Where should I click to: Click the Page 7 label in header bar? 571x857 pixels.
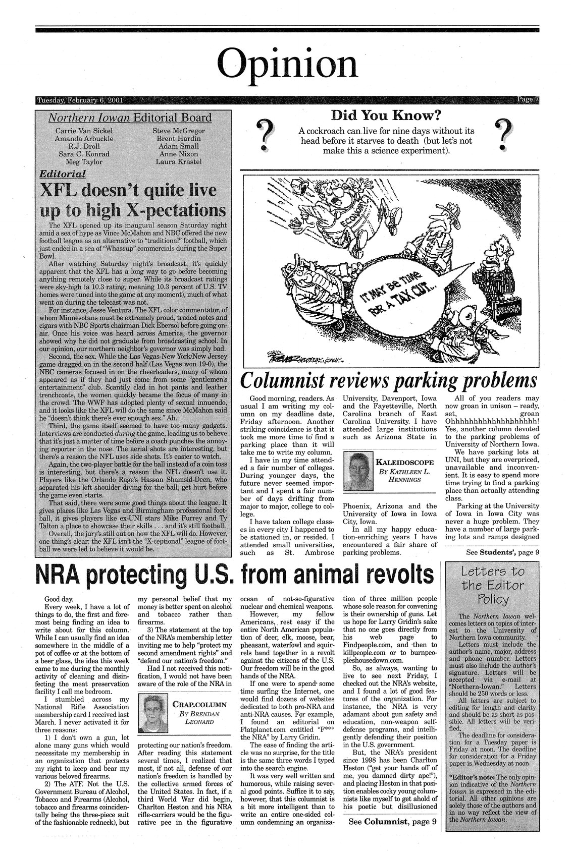point(528,99)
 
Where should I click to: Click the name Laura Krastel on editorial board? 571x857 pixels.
point(179,161)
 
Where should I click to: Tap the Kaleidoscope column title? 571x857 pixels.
point(405,461)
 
